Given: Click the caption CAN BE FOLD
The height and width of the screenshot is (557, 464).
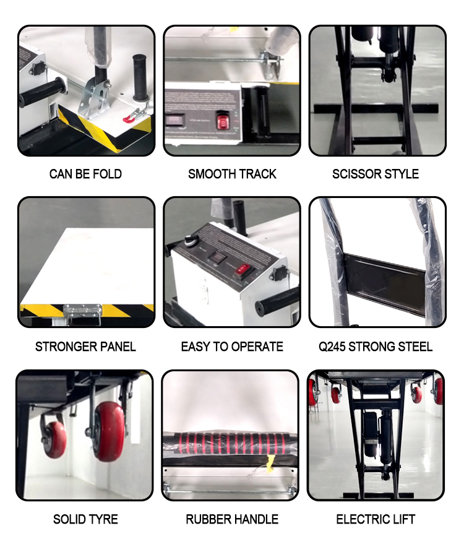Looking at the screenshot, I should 85,174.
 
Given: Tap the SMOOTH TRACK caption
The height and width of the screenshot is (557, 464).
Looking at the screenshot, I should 232,174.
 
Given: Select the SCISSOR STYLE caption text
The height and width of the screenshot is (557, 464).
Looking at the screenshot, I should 376,174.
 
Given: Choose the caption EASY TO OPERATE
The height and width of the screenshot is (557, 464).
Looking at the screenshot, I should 232,347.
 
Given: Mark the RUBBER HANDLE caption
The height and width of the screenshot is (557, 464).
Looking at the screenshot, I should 232,519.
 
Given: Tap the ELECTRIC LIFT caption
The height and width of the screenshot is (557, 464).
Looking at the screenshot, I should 376,519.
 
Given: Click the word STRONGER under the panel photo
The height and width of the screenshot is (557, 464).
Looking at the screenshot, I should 62,347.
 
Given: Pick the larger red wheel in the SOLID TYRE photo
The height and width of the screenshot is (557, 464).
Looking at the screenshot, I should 109,430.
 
